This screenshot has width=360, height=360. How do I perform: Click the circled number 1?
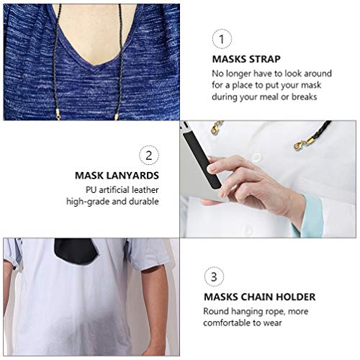click(222, 39)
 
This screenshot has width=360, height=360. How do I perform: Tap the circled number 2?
click(148, 155)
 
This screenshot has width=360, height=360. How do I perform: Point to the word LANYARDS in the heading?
click(135, 174)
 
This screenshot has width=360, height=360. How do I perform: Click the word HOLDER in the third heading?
click(297, 296)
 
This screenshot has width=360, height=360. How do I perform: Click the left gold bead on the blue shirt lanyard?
click(58, 113)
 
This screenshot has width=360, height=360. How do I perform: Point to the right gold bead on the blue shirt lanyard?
click(115, 114)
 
